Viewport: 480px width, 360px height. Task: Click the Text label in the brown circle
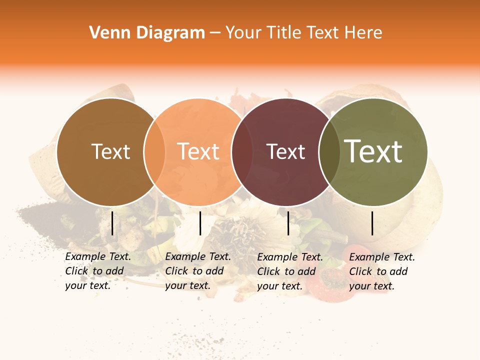coord(110,151)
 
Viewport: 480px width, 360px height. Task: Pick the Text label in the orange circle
coord(198,151)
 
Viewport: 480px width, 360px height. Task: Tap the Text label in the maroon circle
coord(286,151)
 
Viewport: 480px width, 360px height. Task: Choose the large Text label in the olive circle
coord(373,151)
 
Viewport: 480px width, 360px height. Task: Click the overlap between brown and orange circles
coord(154,152)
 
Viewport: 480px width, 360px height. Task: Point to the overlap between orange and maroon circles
coord(242,152)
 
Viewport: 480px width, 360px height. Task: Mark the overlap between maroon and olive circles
coord(329,152)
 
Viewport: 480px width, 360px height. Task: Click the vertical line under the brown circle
coord(112,223)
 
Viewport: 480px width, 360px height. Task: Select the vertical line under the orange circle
coord(200,223)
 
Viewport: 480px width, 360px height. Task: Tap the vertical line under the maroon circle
coord(288,223)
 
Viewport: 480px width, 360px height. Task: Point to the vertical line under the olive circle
coord(372,223)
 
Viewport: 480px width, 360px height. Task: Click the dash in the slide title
coord(215,33)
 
